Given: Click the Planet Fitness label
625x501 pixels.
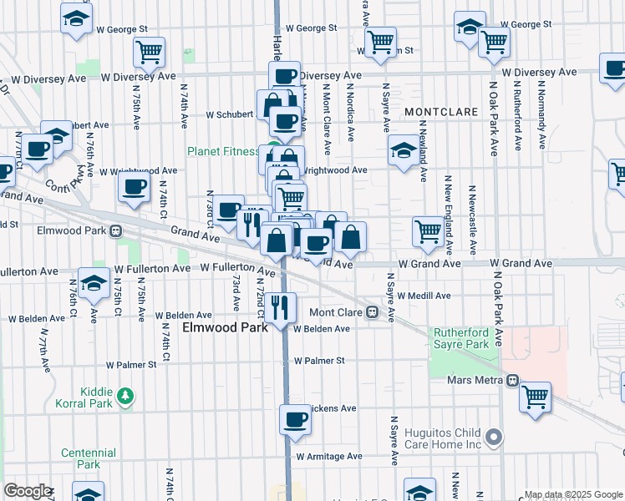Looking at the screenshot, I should tap(221, 151).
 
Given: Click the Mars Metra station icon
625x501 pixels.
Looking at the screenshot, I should tap(512, 379).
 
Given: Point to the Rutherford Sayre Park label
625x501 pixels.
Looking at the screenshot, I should tap(460, 338).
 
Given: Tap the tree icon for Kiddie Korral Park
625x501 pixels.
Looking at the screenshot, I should tap(125, 395).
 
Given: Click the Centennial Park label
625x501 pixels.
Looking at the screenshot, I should tap(88, 458).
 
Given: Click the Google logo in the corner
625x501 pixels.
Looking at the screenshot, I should tap(27, 491).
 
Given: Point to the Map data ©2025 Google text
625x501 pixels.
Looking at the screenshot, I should tap(573, 494).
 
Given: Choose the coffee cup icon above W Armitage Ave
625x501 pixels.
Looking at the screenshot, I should tap(294, 419).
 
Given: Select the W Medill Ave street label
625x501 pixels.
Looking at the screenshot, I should tap(424, 296).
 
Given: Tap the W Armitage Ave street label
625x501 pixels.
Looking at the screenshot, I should tap(329, 457).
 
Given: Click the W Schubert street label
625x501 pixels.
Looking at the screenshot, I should tap(229, 114).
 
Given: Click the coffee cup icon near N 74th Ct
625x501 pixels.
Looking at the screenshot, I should tap(134, 188).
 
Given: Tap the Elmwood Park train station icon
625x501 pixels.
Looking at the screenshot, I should tap(116, 230).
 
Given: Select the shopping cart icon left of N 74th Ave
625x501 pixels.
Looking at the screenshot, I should tap(149, 52).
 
